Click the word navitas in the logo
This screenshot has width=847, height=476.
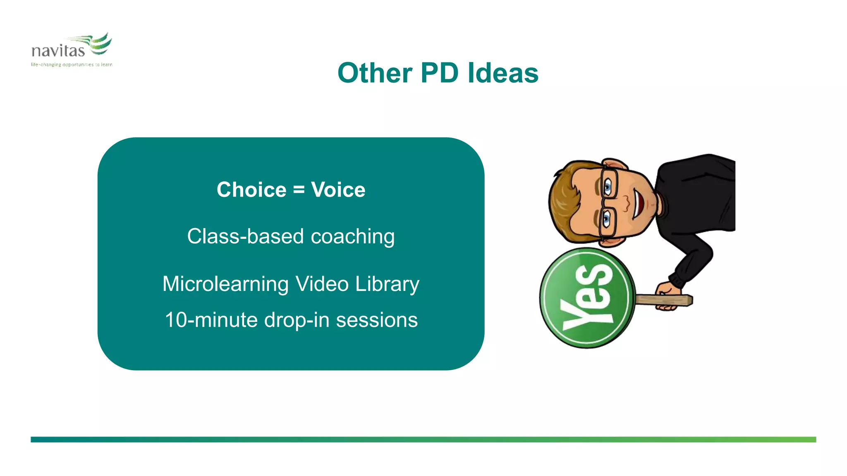pos(58,51)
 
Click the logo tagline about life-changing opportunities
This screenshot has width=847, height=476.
pos(72,64)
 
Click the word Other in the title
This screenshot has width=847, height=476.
pos(375,73)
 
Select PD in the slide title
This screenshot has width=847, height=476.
pos(439,73)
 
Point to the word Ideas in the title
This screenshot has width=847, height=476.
pos(503,73)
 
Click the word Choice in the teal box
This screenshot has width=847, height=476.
pos(251,190)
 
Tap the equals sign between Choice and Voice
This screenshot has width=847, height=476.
pos(299,190)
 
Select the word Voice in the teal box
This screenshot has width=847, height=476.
pos(338,190)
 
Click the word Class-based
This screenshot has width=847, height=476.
pos(246,236)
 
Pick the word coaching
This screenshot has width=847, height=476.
pos(353,237)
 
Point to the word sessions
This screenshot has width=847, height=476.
pos(377,320)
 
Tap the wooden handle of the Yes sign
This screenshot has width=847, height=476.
pos(664,300)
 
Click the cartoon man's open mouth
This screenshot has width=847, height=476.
pos(639,203)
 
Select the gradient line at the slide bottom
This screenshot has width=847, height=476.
pos(423,440)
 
